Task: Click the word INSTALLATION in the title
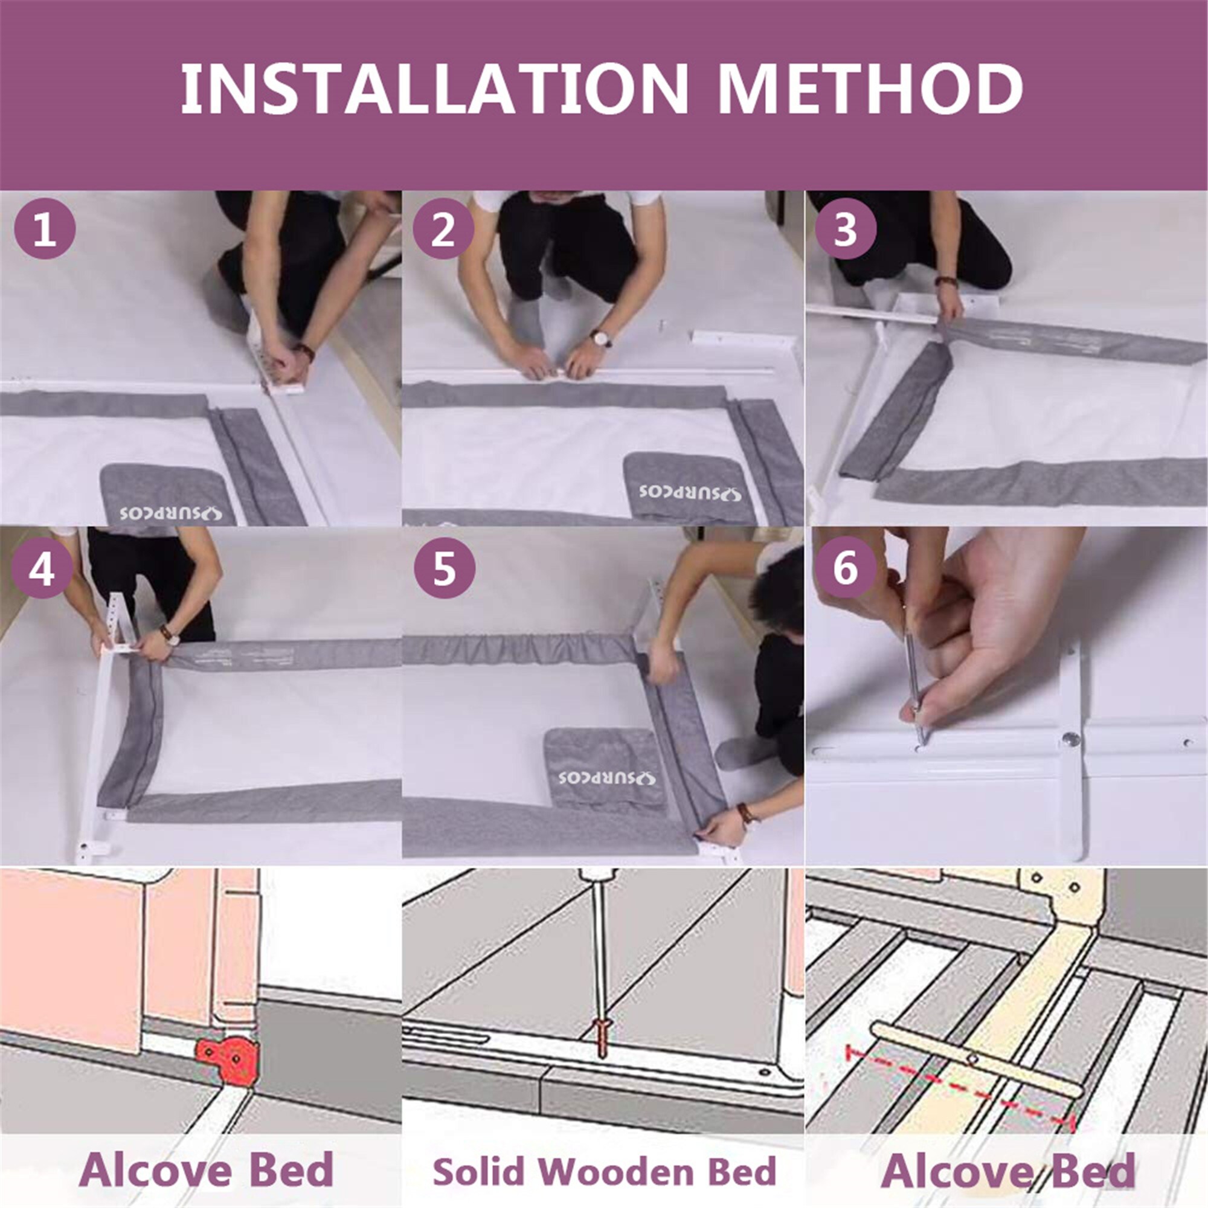point(433,88)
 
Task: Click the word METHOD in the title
point(870,88)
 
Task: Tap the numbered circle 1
point(44,230)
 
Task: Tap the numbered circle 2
point(443,230)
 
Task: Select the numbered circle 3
point(845,230)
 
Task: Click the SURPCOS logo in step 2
point(690,492)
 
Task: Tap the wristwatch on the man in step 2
point(601,338)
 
